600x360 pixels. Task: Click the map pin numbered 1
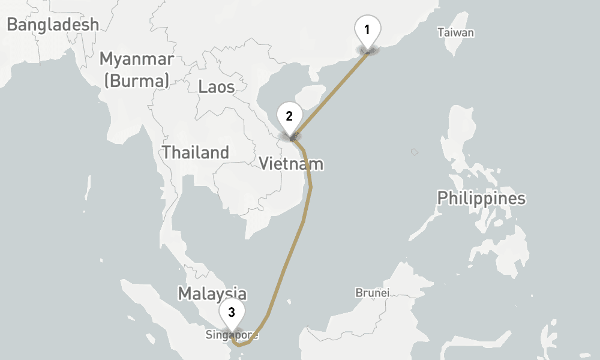pos(367,29)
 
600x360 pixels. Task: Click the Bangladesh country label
pos(53,25)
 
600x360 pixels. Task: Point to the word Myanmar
pos(137,59)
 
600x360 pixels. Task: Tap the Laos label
pos(217,87)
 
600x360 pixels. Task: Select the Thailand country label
pos(196,152)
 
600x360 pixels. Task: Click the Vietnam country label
pos(291,163)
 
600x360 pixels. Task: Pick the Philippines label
pos(481,198)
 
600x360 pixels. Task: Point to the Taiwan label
pos(455,32)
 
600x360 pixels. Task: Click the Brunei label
pos(372,293)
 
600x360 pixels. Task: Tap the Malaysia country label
pos(212,293)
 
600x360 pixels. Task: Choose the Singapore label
pos(232,334)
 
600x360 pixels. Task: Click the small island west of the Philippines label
pos(414,152)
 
